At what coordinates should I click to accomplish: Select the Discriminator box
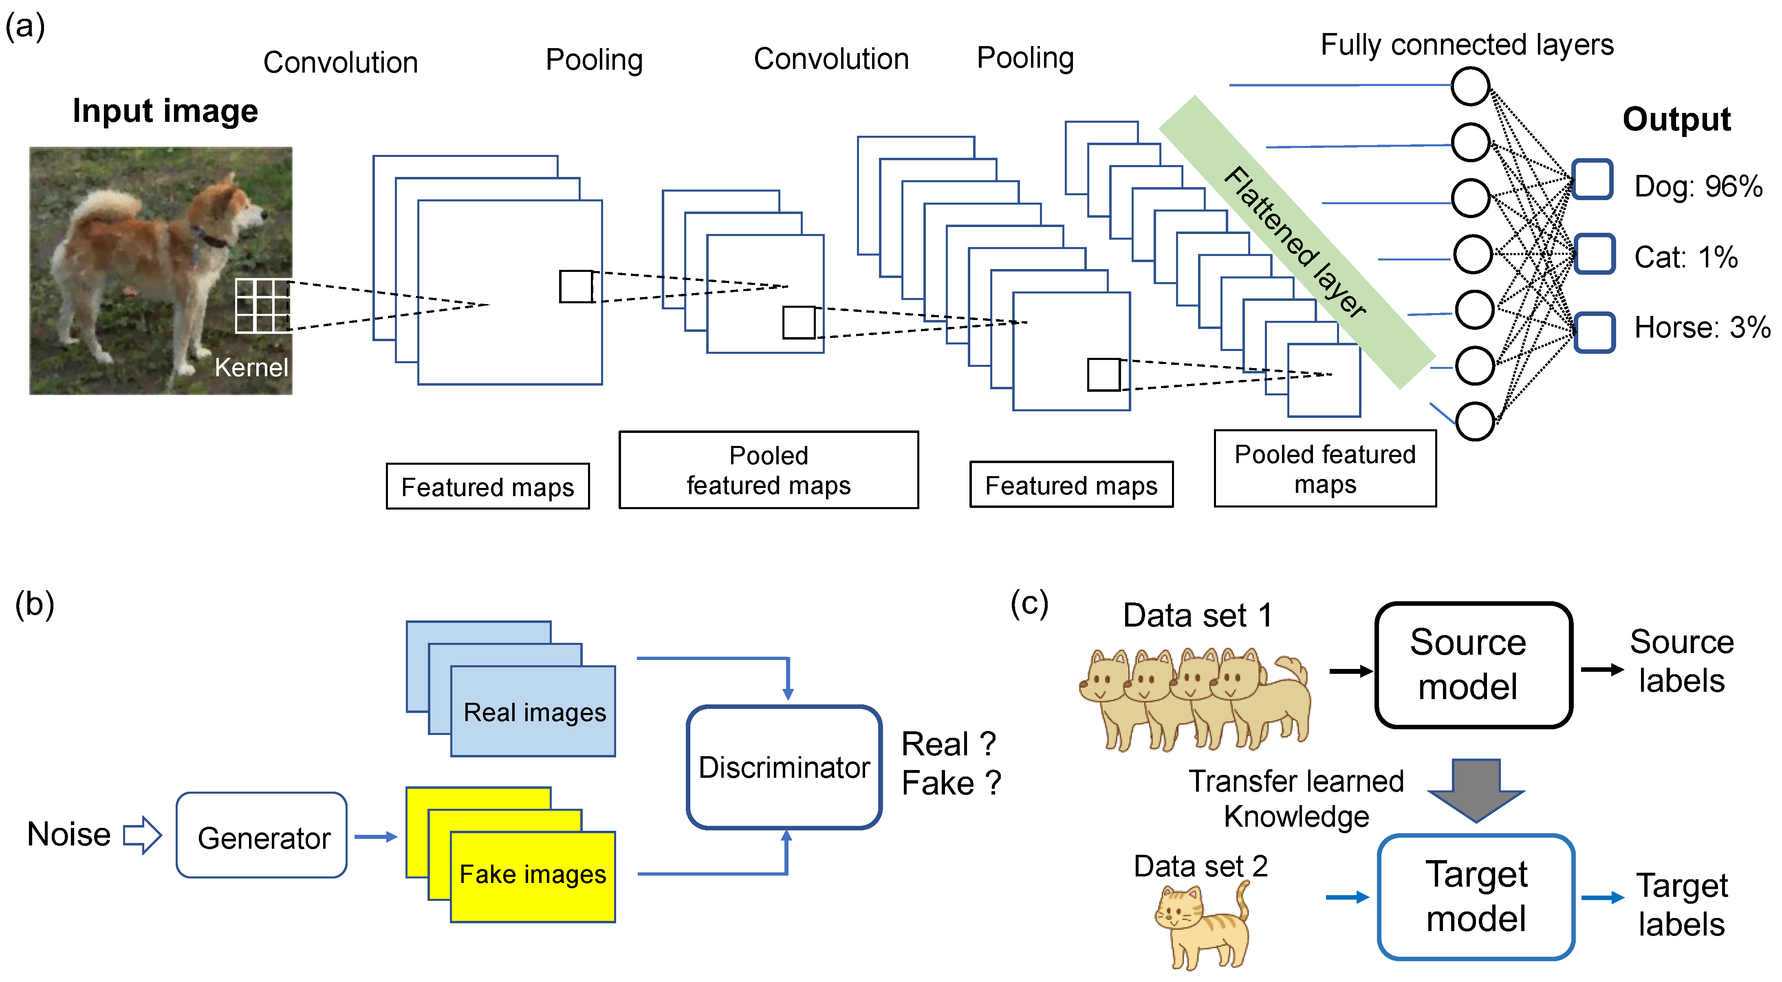pos(784,767)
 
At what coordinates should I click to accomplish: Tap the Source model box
pos(1474,665)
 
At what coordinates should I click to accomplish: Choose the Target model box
pos(1476,897)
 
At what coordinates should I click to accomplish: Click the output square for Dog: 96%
pos(1593,180)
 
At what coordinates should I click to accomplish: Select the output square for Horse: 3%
pos(1595,333)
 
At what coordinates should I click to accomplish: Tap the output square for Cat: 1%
pos(1595,254)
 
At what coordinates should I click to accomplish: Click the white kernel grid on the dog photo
pos(263,305)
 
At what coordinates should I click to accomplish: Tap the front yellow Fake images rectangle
pos(533,876)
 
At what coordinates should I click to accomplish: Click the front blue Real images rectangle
pos(533,711)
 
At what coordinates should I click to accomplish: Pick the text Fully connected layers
pos(1467,45)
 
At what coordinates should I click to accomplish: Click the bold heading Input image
pos(165,111)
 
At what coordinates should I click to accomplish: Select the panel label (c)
pos(1029,603)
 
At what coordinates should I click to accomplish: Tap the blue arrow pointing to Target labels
pos(1602,898)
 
